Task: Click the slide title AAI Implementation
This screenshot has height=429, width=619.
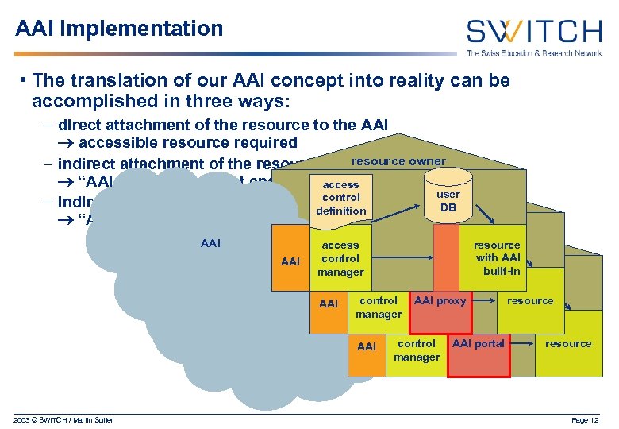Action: click(119, 29)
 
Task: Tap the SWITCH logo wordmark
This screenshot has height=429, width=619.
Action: click(533, 32)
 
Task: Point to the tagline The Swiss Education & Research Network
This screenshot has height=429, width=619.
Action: click(533, 53)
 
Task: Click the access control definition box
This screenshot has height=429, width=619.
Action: click(340, 198)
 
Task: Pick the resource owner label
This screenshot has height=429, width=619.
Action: click(398, 161)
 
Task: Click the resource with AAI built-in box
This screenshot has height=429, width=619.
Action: click(498, 258)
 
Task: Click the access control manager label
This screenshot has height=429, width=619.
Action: click(340, 258)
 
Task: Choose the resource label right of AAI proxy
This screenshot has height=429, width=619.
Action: click(530, 301)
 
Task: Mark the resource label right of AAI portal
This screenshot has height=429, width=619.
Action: click(568, 344)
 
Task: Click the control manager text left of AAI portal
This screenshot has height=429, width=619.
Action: click(416, 350)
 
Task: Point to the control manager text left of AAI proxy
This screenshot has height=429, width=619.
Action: click(378, 307)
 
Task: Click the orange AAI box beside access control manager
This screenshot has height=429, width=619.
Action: click(290, 261)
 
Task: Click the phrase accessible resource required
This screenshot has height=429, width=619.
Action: click(187, 143)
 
